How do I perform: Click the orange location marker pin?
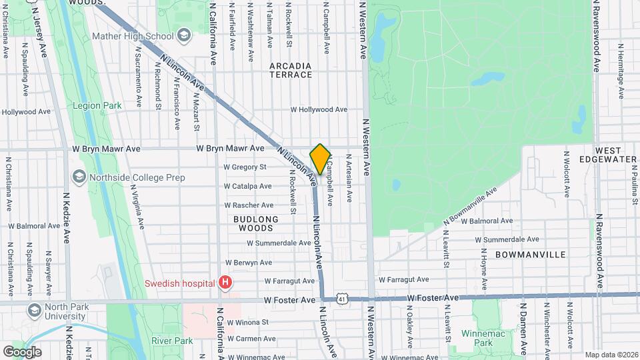point(320,159)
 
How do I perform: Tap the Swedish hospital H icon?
point(226,283)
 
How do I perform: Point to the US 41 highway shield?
point(341,299)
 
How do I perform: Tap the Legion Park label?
point(97,105)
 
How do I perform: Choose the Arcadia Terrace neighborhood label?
point(291,70)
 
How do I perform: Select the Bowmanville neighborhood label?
point(531,255)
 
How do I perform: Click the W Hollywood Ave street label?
point(319,109)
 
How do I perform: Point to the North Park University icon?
point(34,311)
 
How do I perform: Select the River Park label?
point(172,341)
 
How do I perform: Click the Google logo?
point(21,352)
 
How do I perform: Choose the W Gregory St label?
point(245,167)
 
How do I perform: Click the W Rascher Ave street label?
point(249,205)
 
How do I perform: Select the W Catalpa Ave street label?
point(247,186)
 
